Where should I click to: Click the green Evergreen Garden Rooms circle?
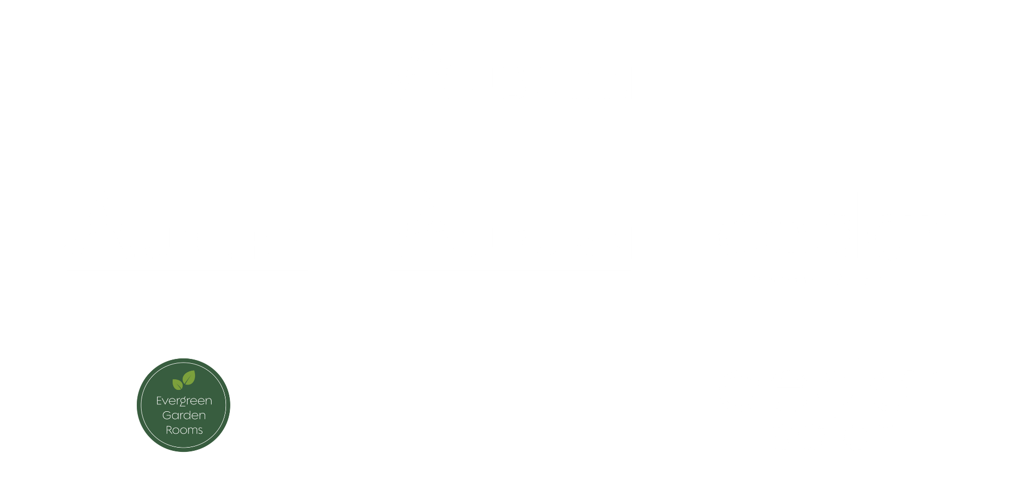183,405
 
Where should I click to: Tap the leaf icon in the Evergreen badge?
183,381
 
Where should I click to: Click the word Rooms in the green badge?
184,430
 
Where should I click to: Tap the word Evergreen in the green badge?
184,401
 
